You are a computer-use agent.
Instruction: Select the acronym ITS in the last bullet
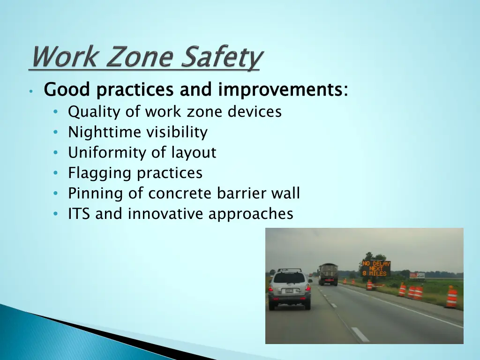click(79, 214)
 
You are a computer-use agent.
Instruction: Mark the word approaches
click(251, 214)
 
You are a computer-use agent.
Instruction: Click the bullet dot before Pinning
click(56, 194)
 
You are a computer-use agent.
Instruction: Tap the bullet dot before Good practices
click(30, 91)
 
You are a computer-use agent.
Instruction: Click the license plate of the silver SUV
click(289, 291)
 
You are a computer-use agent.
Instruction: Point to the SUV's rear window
click(289, 277)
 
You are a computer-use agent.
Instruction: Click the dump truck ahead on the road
click(328, 274)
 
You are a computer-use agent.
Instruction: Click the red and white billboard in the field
click(417, 275)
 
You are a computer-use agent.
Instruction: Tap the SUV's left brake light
click(271, 288)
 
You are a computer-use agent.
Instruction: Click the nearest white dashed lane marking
click(360, 334)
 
